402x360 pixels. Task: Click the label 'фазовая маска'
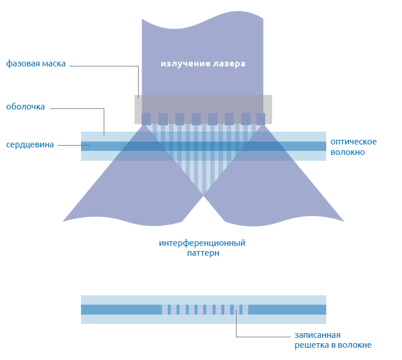(36, 63)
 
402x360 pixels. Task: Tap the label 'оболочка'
(25, 107)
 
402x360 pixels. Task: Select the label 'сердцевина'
(30, 144)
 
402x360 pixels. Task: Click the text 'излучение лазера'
(203, 63)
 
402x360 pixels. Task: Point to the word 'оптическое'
(354, 142)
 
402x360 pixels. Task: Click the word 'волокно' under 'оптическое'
(348, 152)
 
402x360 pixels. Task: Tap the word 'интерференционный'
(202, 243)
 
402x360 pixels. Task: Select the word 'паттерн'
(203, 253)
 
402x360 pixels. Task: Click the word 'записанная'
(318, 335)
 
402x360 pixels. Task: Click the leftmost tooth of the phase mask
(146, 119)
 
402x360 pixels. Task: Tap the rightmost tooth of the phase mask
(260, 119)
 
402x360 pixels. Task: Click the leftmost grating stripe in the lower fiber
(170, 309)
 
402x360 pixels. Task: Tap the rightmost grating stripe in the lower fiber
(241, 309)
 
